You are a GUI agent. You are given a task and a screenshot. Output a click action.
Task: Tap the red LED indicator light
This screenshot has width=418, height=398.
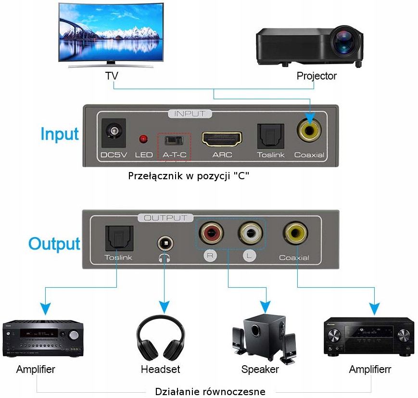coord(143,140)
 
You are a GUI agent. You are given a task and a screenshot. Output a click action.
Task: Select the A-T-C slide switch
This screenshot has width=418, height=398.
coord(174,140)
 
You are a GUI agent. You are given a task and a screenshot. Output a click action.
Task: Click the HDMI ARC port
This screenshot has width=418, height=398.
coord(222,139)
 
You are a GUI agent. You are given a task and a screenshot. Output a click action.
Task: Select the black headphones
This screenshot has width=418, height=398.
coord(161,337)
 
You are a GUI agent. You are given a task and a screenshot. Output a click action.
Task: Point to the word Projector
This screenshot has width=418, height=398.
coord(317,76)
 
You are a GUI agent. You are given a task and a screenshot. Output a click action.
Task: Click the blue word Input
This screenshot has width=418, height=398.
coord(60,133)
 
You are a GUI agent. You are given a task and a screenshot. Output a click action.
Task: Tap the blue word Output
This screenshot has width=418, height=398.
coord(54,243)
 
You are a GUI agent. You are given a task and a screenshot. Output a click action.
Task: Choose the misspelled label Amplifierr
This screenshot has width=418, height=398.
coord(370,370)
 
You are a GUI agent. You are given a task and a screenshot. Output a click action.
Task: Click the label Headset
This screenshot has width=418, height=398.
coord(160,370)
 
